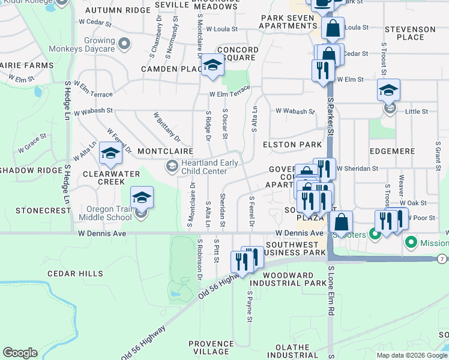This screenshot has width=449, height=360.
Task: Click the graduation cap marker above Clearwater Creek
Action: [110, 154]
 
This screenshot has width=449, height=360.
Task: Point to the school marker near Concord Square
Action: [212, 66]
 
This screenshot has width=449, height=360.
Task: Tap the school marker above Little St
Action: [388, 91]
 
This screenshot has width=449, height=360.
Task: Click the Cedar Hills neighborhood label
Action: [75, 274]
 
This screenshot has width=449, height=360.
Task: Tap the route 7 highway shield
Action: [442, 259]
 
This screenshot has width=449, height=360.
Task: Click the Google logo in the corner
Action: [20, 352]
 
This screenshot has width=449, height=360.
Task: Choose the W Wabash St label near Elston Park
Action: [295, 111]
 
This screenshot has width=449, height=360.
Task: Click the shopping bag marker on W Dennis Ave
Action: [341, 222]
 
